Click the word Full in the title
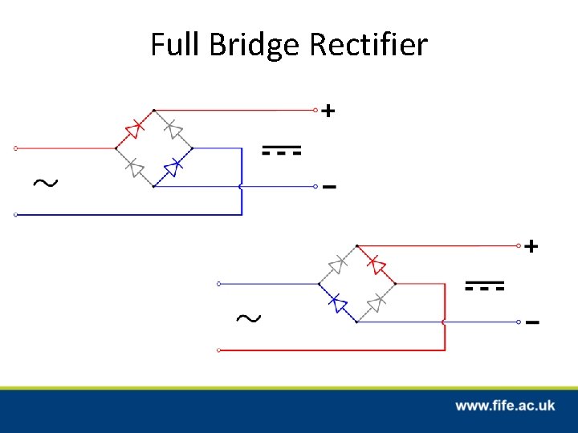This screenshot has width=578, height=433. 176,44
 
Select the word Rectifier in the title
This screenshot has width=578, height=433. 368,44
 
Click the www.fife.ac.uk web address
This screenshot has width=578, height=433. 505,406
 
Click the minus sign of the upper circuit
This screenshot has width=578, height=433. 328,188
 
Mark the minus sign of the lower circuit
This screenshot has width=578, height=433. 531,322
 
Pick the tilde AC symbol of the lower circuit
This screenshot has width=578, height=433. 248,318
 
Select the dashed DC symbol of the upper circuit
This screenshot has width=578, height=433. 282,151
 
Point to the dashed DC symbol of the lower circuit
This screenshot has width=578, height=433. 485,285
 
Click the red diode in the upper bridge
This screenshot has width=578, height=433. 135,127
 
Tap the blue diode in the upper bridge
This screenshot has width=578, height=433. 173,168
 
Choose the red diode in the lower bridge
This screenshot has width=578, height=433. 375,263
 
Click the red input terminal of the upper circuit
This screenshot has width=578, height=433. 16,148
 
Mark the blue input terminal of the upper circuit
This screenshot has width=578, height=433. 16,215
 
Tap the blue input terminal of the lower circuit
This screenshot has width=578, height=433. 219,283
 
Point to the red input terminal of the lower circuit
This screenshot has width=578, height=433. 219,350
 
